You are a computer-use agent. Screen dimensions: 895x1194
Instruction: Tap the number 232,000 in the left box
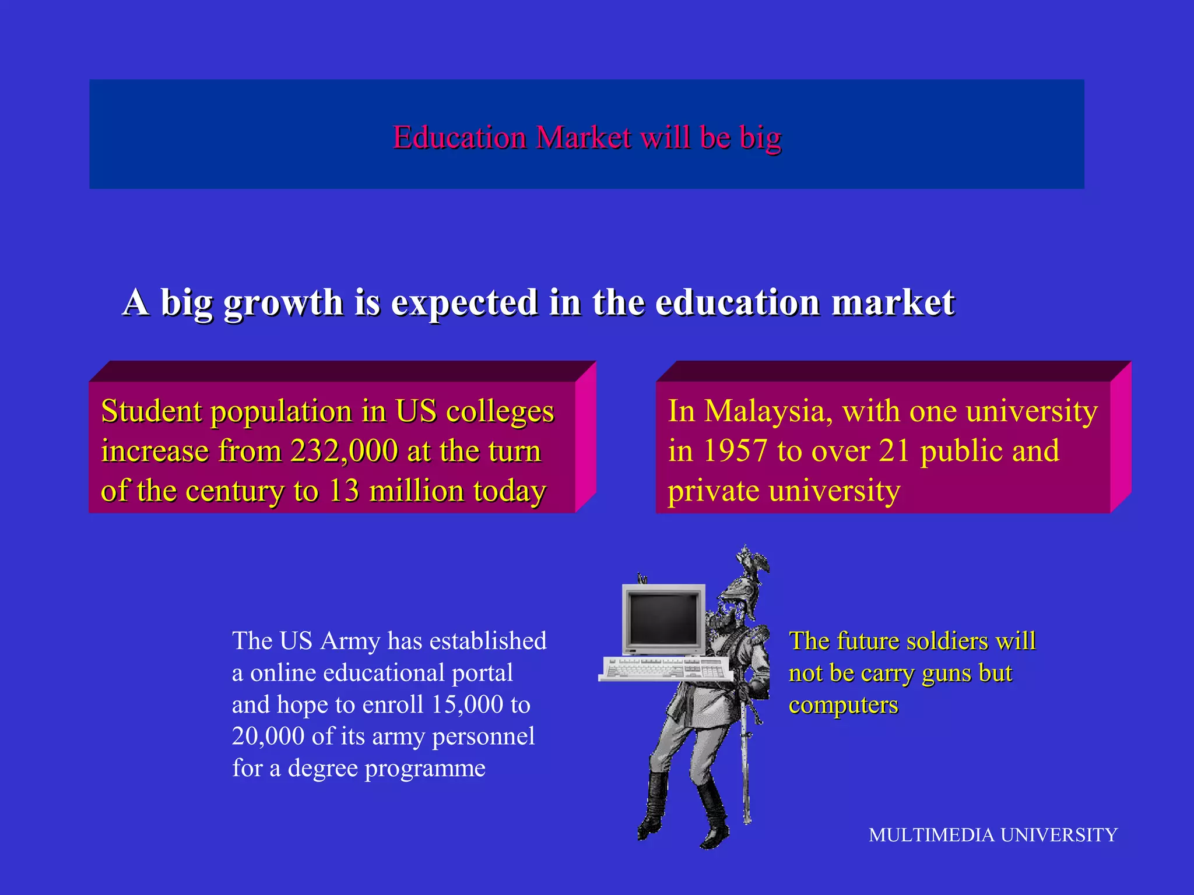pos(344,451)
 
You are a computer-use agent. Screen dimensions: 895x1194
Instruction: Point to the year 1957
pos(735,451)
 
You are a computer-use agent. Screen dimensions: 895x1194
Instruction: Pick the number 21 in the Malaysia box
pos(894,451)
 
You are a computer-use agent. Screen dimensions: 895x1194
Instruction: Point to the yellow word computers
pos(843,705)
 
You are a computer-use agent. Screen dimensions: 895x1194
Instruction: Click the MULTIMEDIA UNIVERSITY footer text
pos(992,835)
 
